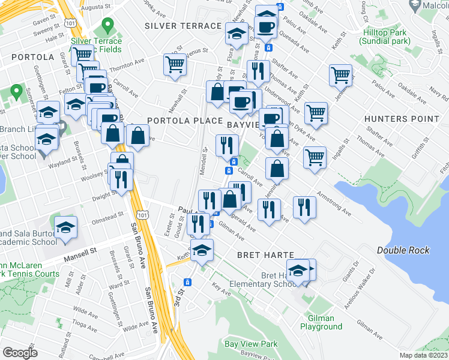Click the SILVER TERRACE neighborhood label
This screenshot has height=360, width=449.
click(183, 26)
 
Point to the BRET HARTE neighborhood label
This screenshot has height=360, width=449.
click(265, 255)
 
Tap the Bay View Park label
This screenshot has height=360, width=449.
click(252, 344)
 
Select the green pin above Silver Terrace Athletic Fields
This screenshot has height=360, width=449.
click(108, 26)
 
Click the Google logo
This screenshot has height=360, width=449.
click(20, 352)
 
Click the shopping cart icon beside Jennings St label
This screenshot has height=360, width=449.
click(340, 75)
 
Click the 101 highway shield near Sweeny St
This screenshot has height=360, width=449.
click(71, 23)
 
